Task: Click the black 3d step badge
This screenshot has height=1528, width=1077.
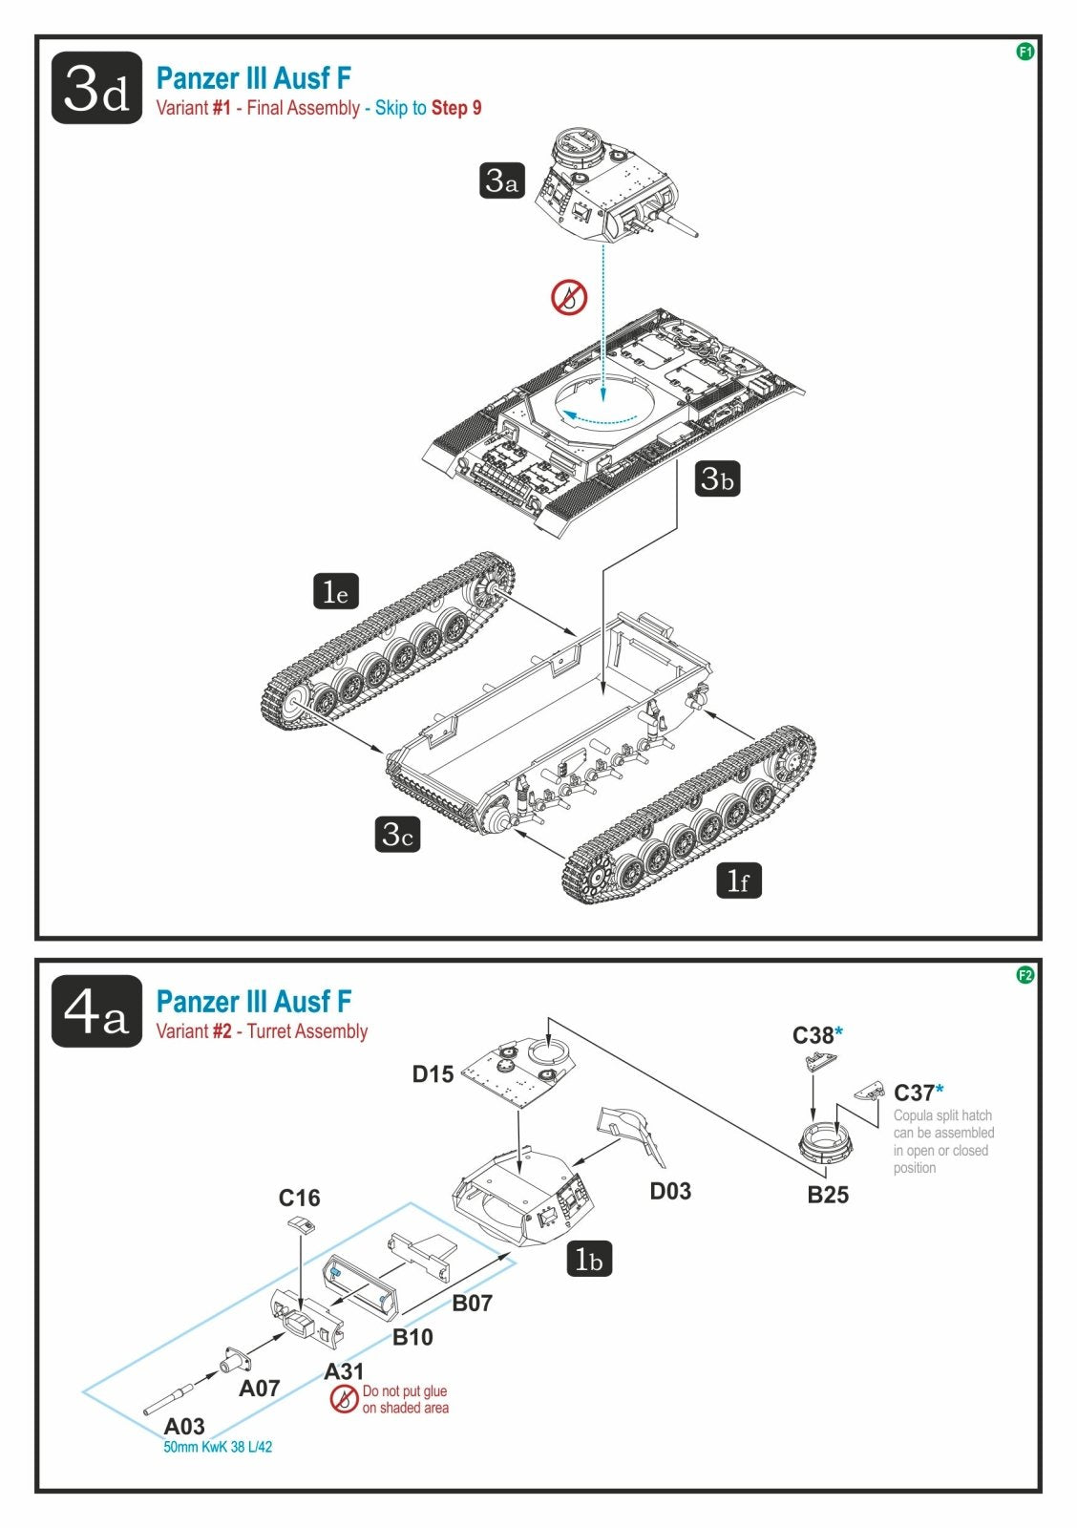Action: click(x=96, y=88)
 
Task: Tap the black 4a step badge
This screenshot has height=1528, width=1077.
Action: click(x=96, y=1011)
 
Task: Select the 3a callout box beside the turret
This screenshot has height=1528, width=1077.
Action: click(x=502, y=180)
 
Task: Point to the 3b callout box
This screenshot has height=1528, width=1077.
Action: click(x=718, y=478)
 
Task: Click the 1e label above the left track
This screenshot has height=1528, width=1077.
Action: click(x=336, y=591)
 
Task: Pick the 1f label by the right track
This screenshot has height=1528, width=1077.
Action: click(x=739, y=881)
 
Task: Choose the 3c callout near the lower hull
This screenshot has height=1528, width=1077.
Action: click(x=397, y=835)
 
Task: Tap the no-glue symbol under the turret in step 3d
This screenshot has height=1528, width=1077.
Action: click(x=570, y=297)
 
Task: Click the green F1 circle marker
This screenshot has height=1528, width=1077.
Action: click(x=1025, y=52)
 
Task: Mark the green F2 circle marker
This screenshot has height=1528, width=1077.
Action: click(x=1025, y=975)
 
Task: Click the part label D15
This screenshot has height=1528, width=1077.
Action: click(x=433, y=1074)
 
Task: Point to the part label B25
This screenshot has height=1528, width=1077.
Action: click(x=828, y=1195)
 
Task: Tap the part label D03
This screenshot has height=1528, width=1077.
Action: click(x=670, y=1191)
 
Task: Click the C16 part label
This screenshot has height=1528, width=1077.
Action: click(x=300, y=1198)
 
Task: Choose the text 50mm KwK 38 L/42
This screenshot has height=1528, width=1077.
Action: click(x=218, y=1447)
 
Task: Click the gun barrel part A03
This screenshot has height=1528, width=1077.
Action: click(x=170, y=1398)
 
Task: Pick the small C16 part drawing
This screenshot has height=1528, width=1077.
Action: click(x=302, y=1223)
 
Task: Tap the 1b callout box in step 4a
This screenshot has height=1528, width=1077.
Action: click(x=590, y=1259)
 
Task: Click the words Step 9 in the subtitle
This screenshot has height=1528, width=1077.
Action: click(x=456, y=108)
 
